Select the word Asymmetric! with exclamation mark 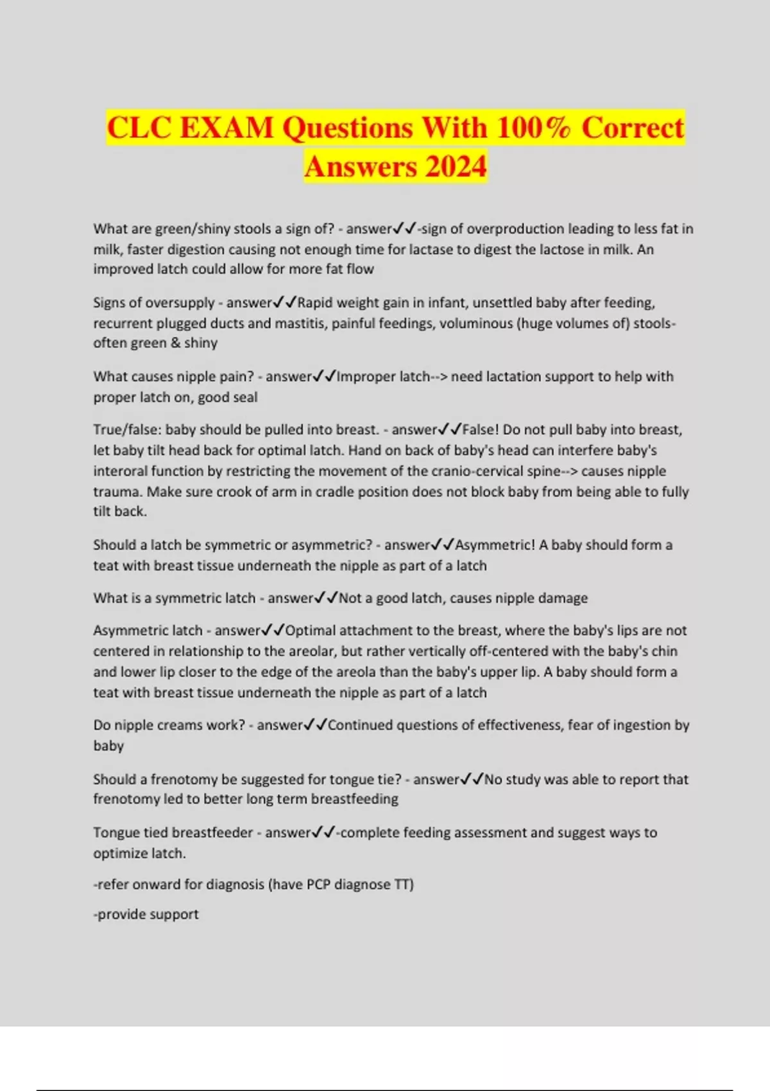pos(495,545)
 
